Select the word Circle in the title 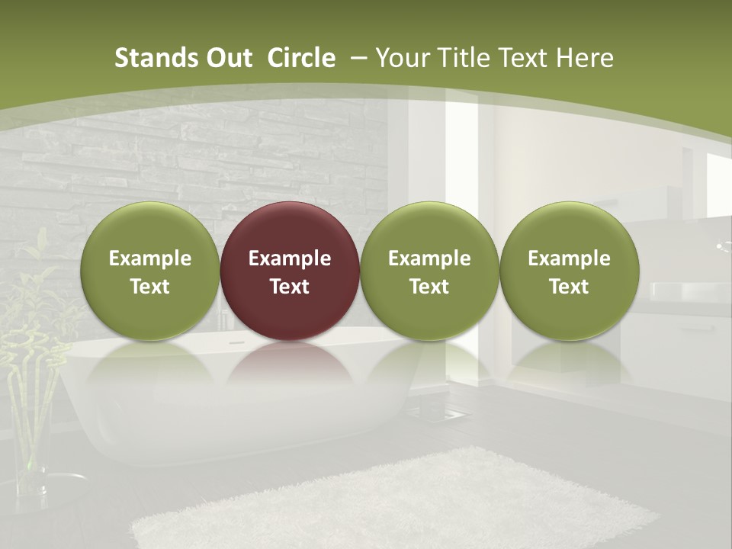[x=301, y=58]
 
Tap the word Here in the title [x=584, y=58]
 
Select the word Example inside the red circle [x=290, y=258]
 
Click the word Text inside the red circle [x=290, y=287]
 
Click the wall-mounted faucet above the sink [x=723, y=246]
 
